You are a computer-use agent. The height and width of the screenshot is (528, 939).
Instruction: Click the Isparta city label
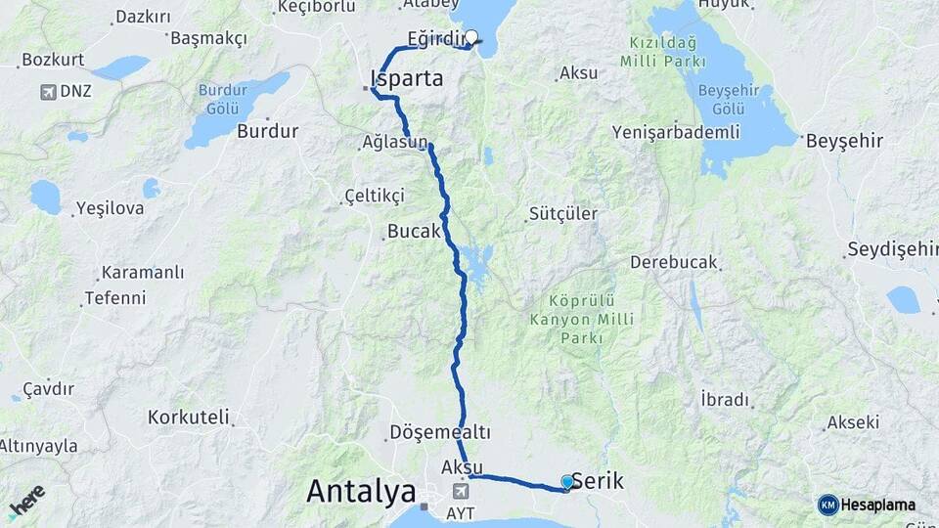pyautogui.click(x=407, y=78)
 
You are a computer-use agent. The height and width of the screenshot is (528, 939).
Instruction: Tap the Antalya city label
pyautogui.click(x=361, y=491)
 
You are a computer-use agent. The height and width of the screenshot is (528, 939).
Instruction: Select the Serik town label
pyautogui.click(x=597, y=480)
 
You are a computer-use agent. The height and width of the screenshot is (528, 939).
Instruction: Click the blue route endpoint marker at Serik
pyautogui.click(x=567, y=481)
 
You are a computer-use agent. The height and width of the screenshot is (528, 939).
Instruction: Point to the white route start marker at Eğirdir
pyautogui.click(x=471, y=38)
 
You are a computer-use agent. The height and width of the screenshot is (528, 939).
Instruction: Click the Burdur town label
pyautogui.click(x=267, y=131)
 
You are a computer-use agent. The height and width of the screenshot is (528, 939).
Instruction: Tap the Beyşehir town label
pyautogui.click(x=844, y=141)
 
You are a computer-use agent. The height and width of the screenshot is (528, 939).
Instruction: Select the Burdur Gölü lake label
pyautogui.click(x=224, y=98)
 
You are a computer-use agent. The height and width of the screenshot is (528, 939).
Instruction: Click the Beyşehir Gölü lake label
pyautogui.click(x=722, y=98)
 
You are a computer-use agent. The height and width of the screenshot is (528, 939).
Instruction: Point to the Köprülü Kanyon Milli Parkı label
pyautogui.click(x=581, y=319)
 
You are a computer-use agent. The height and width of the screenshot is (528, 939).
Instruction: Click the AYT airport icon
pyautogui.click(x=460, y=490)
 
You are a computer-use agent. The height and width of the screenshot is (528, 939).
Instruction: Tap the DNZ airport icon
pyautogui.click(x=47, y=92)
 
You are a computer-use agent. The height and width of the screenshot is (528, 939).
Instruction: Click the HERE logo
pyautogui.click(x=26, y=501)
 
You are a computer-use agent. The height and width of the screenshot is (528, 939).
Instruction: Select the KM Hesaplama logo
pyautogui.click(x=867, y=505)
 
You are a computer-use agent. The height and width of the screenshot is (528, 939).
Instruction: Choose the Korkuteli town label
pyautogui.click(x=189, y=418)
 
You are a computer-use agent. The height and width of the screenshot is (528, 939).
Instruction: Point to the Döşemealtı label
pyautogui.click(x=439, y=431)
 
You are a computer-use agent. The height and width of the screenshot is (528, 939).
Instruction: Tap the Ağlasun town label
pyautogui.click(x=395, y=143)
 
